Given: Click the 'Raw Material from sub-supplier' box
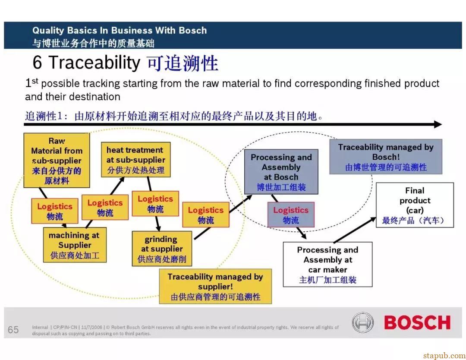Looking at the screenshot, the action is point(57,160).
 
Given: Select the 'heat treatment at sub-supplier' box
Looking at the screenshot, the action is point(136,160).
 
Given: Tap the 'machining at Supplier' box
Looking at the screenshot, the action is point(75,245).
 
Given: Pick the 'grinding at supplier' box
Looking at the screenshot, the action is point(162,249).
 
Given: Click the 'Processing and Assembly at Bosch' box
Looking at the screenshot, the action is point(281,172).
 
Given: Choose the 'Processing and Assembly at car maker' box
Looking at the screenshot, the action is point(327,264).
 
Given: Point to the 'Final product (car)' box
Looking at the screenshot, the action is point(415,205).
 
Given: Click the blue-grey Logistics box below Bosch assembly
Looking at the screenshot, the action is point(291,215).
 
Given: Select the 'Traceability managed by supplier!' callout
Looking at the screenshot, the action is point(215,286).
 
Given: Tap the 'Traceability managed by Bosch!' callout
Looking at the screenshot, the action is point(386,157).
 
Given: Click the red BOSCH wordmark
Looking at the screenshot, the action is point(417,322).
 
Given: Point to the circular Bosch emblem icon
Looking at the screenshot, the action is point(363,322).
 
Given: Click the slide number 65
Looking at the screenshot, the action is point(13,330).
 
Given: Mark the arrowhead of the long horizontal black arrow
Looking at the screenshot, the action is point(438,124).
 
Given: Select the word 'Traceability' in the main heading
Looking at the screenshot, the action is point(94,63).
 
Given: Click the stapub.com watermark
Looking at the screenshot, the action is point(444,355).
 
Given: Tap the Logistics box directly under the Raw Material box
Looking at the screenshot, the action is point(55,211).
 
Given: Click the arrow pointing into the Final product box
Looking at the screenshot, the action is point(355,230).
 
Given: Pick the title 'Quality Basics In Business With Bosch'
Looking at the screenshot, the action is point(120,30).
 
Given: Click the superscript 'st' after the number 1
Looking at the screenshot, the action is point(35,81).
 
